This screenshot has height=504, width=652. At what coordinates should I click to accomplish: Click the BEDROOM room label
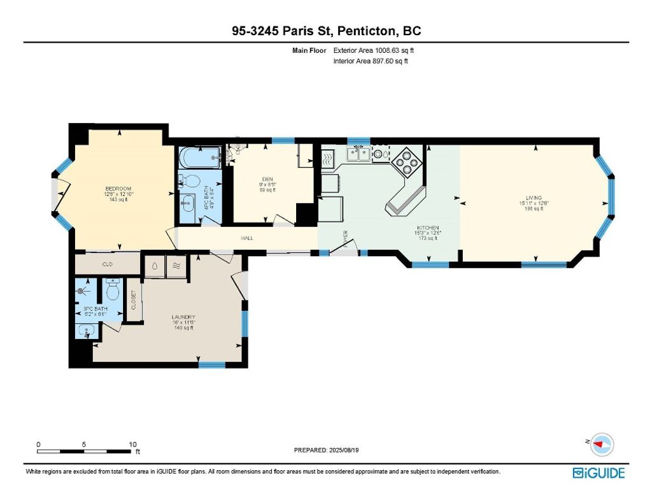pos(118,189)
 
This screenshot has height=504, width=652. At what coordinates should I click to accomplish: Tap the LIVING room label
pos(534,198)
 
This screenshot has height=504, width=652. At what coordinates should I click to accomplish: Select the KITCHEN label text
pos(428,227)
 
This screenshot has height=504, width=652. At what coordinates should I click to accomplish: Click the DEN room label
pos(267,178)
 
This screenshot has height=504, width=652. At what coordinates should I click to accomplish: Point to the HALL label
pos(247,238)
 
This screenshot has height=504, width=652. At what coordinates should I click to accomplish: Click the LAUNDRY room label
pos(183,317)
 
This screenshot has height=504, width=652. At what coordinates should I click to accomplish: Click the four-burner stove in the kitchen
pos(407,162)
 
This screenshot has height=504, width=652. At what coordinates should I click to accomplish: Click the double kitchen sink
pos(357,153)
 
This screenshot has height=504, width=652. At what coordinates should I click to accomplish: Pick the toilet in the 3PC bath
pos(113,291)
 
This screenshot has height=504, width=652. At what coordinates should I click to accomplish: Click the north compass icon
pos(601,443)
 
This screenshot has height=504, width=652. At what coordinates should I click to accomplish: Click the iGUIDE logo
pos(599,473)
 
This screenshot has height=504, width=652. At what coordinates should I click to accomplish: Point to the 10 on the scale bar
pos(133,444)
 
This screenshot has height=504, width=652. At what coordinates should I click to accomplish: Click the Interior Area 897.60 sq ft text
pos(371,61)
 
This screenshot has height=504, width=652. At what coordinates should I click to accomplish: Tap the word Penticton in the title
pos(369,31)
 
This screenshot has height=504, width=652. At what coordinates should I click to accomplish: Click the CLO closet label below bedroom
pos(107,263)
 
